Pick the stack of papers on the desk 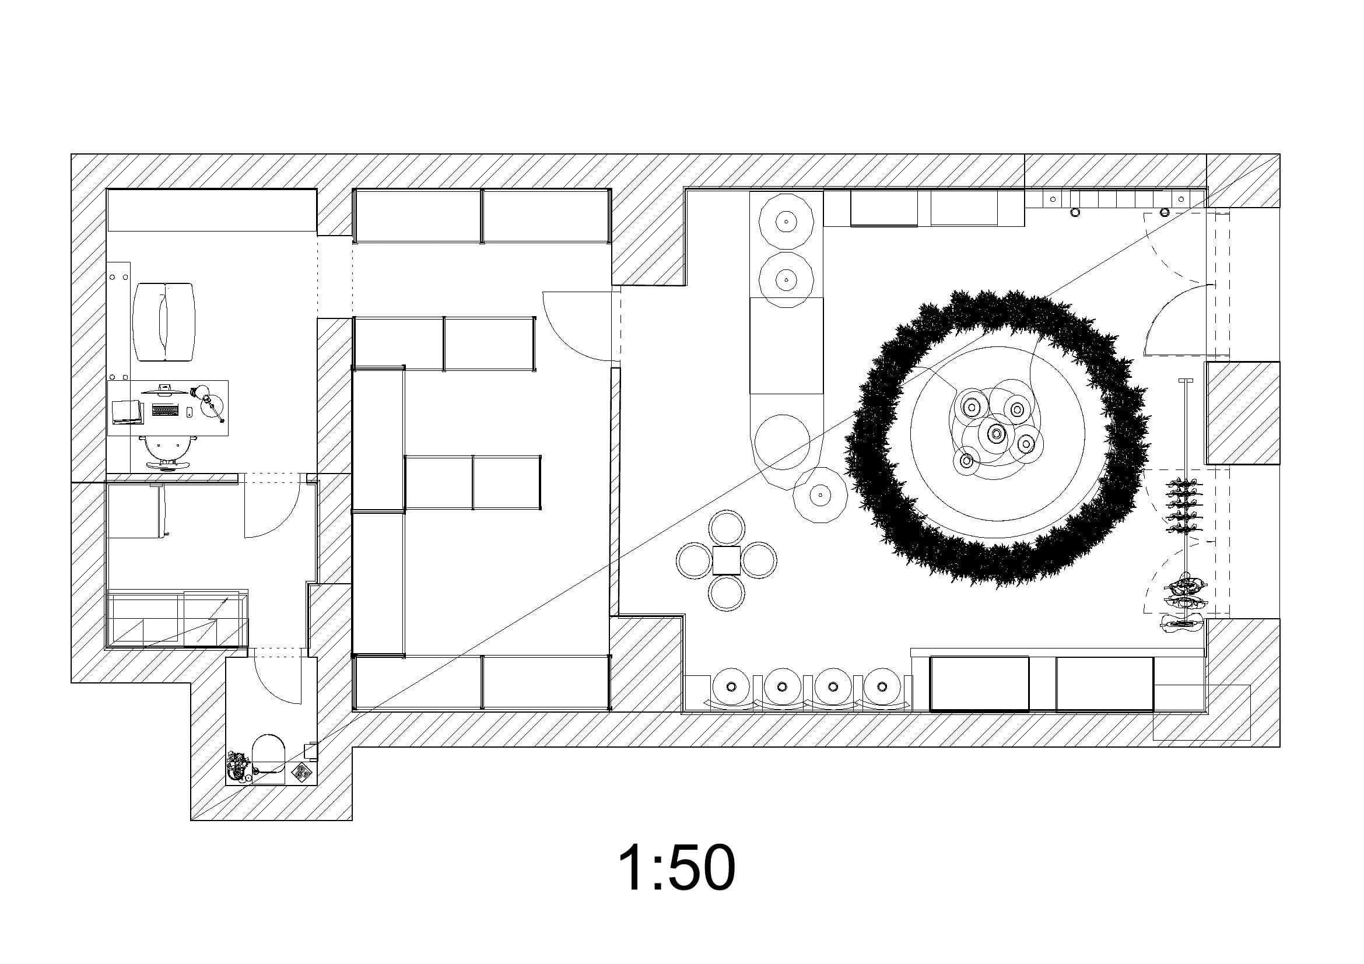(128, 412)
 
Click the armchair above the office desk (164, 321)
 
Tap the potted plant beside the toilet (239, 766)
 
